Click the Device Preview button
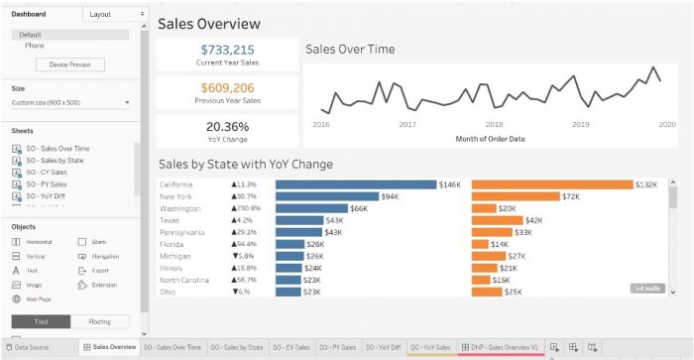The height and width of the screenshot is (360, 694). pos(69,65)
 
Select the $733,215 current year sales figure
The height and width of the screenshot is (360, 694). pos(227,50)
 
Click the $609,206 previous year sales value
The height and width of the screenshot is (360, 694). pos(227,87)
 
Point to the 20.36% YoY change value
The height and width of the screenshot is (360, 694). pos(227,126)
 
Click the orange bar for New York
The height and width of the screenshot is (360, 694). pos(517,196)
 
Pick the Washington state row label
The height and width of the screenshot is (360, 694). pos(180,208)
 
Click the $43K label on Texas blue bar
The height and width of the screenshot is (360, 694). pos(334,220)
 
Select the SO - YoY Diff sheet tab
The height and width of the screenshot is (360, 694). pos(383,347)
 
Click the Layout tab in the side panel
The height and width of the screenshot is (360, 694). pos(100,15)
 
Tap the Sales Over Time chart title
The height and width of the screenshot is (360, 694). pos(350,49)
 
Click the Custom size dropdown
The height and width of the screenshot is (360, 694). pos(71,102)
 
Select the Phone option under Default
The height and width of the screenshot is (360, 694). pos(35,45)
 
